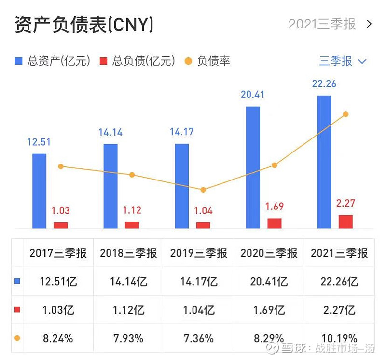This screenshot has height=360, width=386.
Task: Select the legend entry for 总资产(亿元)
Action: coord(53,61)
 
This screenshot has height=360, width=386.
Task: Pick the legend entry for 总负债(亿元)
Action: coord(138,61)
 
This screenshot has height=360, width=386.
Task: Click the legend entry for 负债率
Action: coord(208,61)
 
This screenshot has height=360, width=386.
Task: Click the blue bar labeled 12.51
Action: coord(39,191)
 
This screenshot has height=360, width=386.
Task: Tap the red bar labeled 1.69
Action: coord(274,223)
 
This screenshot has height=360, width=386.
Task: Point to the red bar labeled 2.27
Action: coord(345,222)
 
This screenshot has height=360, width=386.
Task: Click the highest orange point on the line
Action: coord(345,114)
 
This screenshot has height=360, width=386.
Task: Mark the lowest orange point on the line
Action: coord(203,190)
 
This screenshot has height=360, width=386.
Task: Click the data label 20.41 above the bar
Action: coord(253,95)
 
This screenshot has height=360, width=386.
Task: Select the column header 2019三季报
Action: coord(198,253)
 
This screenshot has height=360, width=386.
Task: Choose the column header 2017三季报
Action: coord(58,253)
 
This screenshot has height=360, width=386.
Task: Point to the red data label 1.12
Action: coord(132,211)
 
